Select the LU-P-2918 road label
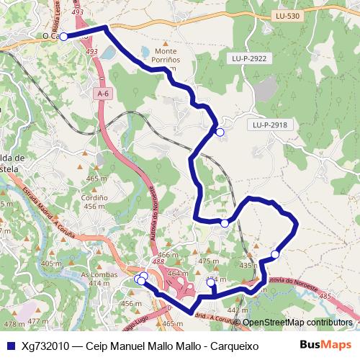click(270, 125)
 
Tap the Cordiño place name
click(94, 197)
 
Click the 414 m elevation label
click(94, 284)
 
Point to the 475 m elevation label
click(208, 261)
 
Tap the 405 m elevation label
click(50, 264)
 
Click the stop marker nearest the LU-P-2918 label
click(220, 132)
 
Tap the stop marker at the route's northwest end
click(63, 36)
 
